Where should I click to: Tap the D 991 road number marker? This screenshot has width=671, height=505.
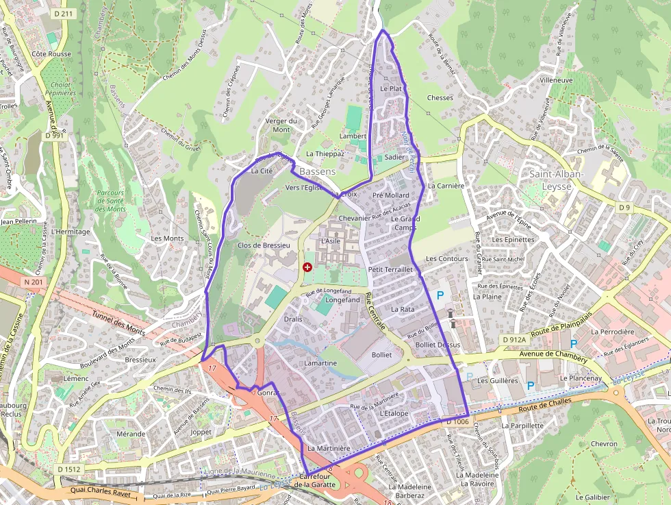[54, 136]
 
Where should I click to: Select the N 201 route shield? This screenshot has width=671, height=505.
[32, 282]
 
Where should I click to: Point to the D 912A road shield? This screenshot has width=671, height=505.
[514, 339]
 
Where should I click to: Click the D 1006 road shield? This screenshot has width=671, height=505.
[457, 422]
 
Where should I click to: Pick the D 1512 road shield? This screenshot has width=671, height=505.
[68, 469]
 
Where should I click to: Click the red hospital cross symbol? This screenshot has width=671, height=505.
[307, 267]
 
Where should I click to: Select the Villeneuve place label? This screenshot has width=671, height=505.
[556, 80]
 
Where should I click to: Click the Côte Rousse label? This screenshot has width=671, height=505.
[51, 53]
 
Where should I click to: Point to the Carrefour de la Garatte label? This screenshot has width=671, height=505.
[315, 480]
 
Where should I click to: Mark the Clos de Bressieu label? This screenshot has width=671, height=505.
[264, 245]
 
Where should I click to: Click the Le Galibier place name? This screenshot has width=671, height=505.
[593, 497]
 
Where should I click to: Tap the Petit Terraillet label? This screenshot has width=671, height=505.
[390, 270]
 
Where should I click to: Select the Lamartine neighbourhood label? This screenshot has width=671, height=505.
[321, 362]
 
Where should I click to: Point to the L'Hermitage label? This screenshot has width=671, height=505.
[71, 232]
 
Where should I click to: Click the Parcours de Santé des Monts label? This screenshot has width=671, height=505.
[110, 201]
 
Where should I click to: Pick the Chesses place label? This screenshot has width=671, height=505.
[440, 98]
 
